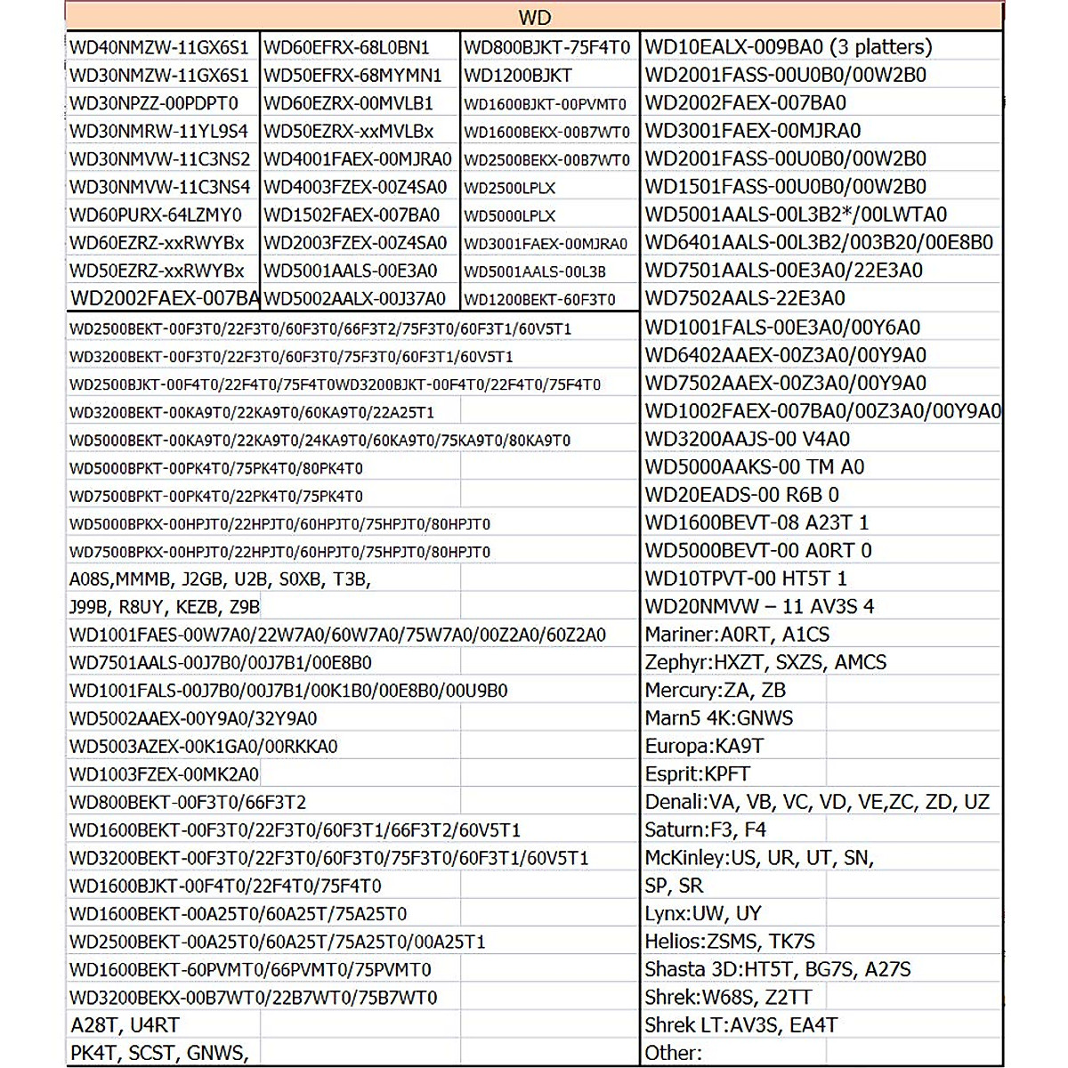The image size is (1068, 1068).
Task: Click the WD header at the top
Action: pyautogui.click(x=534, y=18)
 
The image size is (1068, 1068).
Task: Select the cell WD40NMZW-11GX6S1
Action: pyautogui.click(x=159, y=47)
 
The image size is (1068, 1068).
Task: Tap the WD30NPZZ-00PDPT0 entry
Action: pyautogui.click(x=154, y=103)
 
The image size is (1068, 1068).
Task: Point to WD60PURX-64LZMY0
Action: pyautogui.click(x=156, y=214)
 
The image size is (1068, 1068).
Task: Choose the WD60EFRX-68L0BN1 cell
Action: pyautogui.click(x=347, y=47)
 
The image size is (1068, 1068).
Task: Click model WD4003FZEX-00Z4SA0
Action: pyautogui.click(x=355, y=187)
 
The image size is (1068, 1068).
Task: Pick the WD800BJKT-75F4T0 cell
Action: pyautogui.click(x=546, y=47)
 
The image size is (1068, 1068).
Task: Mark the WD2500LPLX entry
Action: pyautogui.click(x=510, y=188)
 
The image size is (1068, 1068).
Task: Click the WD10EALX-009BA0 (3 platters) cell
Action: pyautogui.click(x=789, y=47)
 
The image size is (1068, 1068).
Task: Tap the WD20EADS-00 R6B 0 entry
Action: pyautogui.click(x=741, y=495)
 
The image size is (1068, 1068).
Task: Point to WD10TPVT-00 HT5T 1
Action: pyautogui.click(x=746, y=578)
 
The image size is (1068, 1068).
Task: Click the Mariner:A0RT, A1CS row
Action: pyautogui.click(x=737, y=635)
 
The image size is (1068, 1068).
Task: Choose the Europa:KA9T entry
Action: pyautogui.click(x=704, y=746)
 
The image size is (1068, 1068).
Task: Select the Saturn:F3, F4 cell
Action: pyautogui.click(x=705, y=829)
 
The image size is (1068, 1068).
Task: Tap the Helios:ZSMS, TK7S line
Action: pyautogui.click(x=730, y=941)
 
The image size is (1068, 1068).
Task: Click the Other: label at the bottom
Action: pyautogui.click(x=674, y=1053)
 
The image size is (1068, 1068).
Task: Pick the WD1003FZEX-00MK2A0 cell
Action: pyautogui.click(x=165, y=774)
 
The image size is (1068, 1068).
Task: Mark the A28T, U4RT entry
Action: pyautogui.click(x=125, y=1025)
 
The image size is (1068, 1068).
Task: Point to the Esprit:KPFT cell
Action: pyautogui.click(x=698, y=774)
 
